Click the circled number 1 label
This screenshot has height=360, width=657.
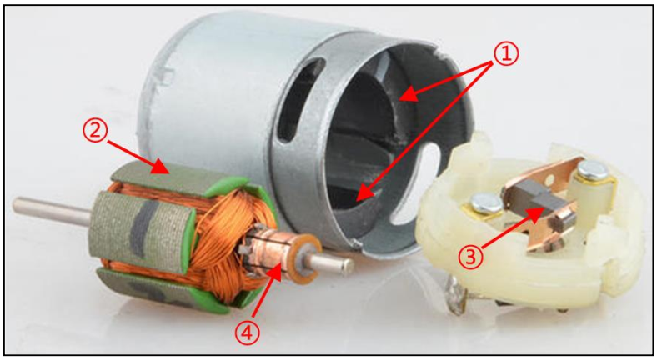[x=506, y=54]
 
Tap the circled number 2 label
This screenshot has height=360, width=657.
[x=97, y=131]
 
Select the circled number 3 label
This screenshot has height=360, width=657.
[x=472, y=257]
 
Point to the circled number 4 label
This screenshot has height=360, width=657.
[x=248, y=333]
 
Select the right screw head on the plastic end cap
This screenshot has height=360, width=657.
[x=593, y=168]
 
